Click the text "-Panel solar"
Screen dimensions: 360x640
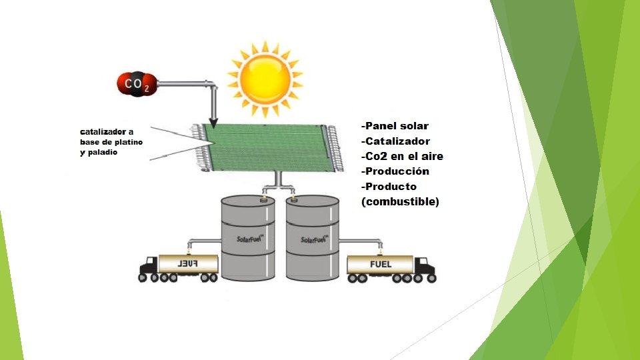395,126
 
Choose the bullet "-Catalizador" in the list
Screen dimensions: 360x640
395,141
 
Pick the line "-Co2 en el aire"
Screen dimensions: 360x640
402,157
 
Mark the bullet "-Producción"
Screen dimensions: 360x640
395,171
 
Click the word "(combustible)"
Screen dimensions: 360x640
400,201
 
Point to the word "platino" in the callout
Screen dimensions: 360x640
129,143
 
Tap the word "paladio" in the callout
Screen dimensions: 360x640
103,153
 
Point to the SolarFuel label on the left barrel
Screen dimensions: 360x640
247,238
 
